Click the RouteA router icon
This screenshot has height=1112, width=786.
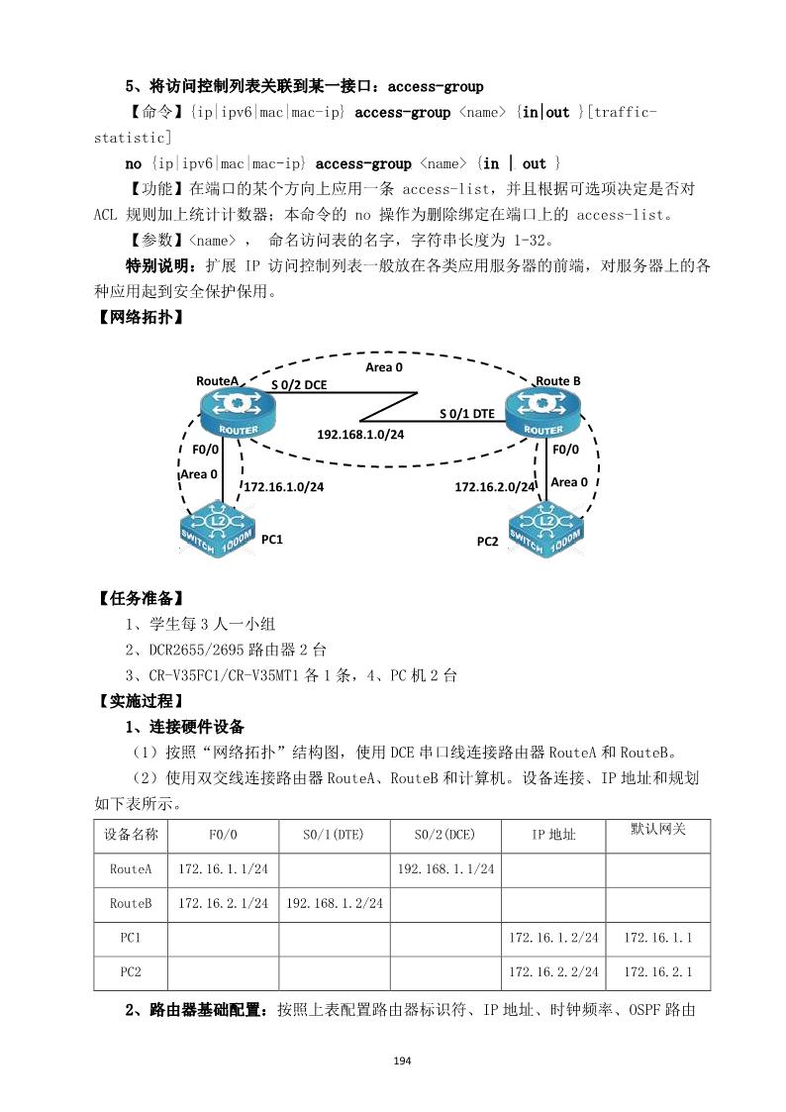coord(228,412)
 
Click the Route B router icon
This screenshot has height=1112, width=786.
coord(543,412)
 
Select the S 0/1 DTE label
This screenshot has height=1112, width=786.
coord(467,413)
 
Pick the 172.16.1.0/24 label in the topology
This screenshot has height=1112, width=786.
coord(283,486)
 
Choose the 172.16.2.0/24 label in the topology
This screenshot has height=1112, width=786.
coord(495,486)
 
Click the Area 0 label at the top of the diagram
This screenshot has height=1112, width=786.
coord(384,366)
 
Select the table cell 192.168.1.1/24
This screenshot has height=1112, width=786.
coord(445,868)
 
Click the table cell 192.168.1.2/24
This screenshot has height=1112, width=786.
coord(335,903)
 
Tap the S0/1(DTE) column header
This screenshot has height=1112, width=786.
coord(335,834)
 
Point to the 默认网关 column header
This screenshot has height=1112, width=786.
coord(659,828)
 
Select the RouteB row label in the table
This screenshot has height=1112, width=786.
coord(131,903)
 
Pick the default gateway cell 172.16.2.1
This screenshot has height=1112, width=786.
coord(659,972)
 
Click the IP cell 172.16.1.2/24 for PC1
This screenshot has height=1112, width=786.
coord(554,937)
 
